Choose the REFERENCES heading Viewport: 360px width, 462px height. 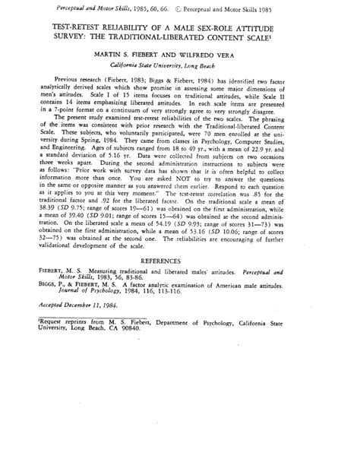point(180,283)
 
